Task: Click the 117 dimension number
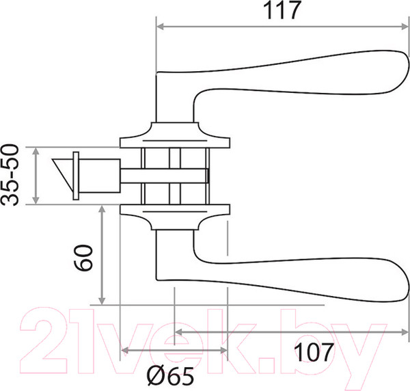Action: pyautogui.click(x=282, y=10)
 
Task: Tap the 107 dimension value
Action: pyautogui.click(x=314, y=352)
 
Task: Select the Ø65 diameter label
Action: pyautogui.click(x=170, y=375)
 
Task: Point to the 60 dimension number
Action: pyautogui.click(x=83, y=258)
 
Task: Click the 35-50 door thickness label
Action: pyautogui.click(x=10, y=175)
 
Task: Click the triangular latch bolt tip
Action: pyautogui.click(x=62, y=173)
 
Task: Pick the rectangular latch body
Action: pyautogui.click(x=99, y=176)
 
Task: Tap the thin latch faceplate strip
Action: pyautogui.click(x=76, y=176)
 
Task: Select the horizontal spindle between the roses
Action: pyautogui.click(x=164, y=176)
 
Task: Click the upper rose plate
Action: pyautogui.click(x=175, y=135)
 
